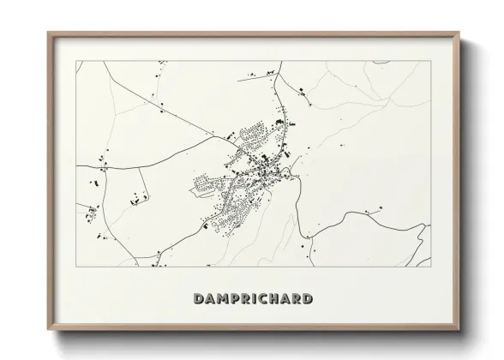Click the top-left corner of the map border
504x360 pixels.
click(x=76, y=61)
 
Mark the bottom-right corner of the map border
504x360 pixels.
click(x=429, y=267)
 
